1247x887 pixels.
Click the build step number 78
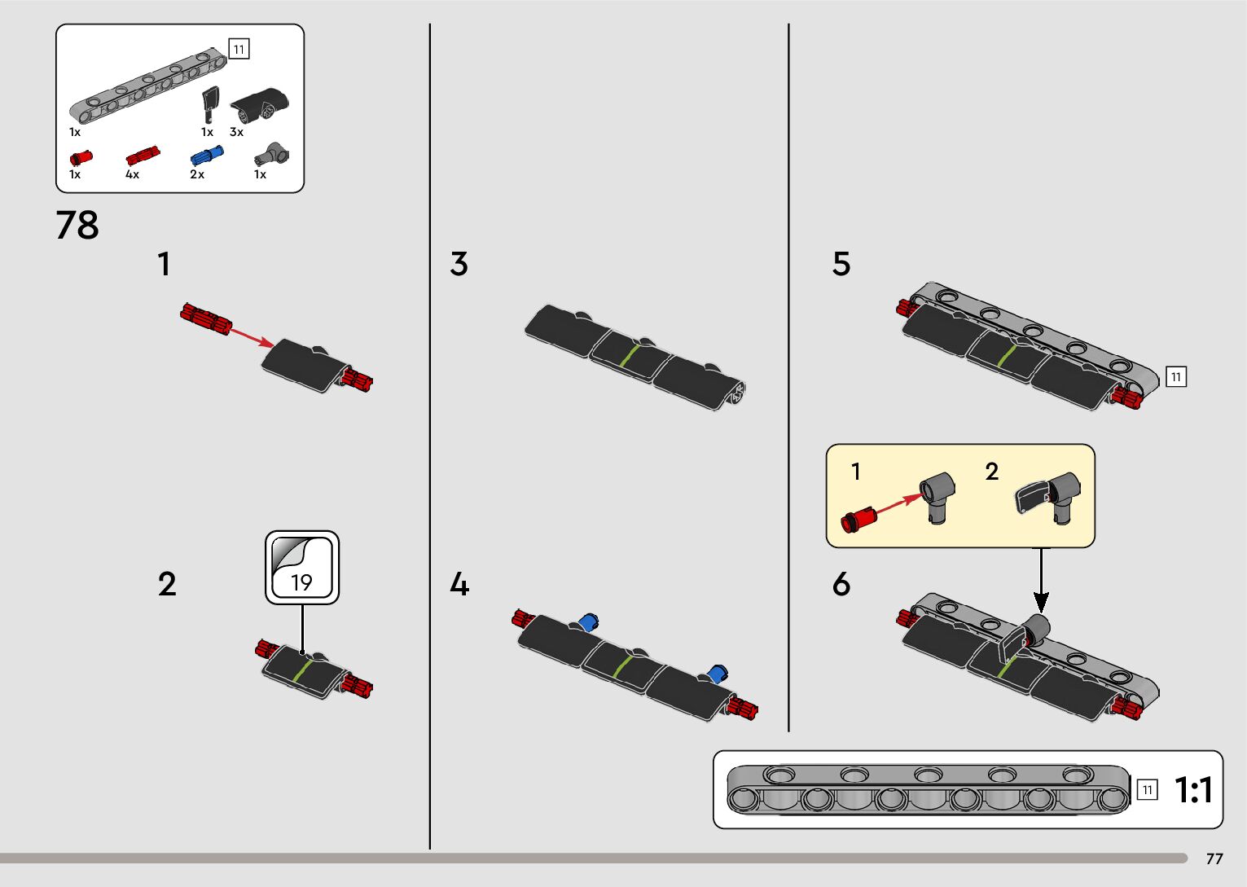(77, 226)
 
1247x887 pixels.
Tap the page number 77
(1214, 859)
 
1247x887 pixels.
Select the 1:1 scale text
(1193, 790)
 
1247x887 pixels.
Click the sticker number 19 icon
(301, 568)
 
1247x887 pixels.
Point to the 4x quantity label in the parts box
(132, 174)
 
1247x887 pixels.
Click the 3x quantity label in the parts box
(236, 132)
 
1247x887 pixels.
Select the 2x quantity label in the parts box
(197, 174)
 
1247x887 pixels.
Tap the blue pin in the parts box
(207, 156)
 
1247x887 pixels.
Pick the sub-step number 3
(459, 264)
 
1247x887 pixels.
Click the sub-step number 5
(841, 264)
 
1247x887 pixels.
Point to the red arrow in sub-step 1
(250, 336)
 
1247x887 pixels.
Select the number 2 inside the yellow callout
(991, 472)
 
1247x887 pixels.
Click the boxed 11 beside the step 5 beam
(1175, 376)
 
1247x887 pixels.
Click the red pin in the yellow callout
(859, 518)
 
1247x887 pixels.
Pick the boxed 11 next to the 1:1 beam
(1147, 789)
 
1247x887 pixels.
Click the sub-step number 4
(459, 584)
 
